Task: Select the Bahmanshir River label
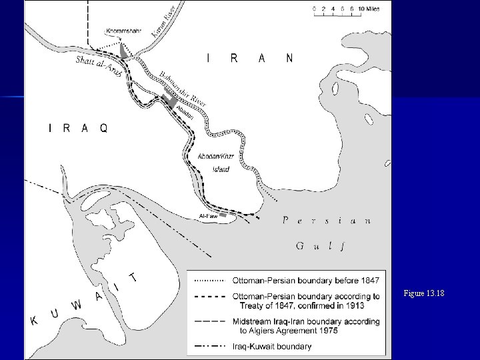click(x=183, y=88)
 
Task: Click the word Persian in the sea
click(x=327, y=221)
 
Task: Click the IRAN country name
click(x=249, y=58)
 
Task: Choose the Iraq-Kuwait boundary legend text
click(x=272, y=346)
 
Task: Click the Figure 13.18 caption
click(x=424, y=293)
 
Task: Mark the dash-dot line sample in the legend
click(x=209, y=346)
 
